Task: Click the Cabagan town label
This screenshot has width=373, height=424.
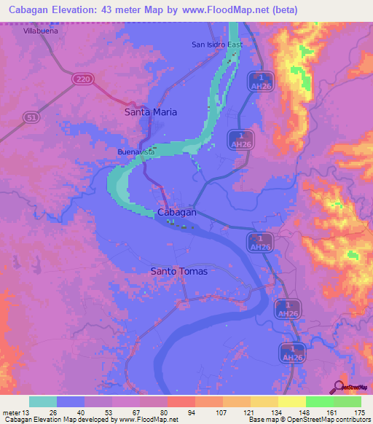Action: pyautogui.click(x=177, y=212)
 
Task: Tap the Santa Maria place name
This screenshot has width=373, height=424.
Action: pyautogui.click(x=151, y=112)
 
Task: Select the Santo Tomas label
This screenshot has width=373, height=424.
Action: pyautogui.click(x=178, y=271)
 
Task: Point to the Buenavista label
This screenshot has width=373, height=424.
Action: pyautogui.click(x=136, y=152)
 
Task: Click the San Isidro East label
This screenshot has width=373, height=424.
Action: pyautogui.click(x=216, y=44)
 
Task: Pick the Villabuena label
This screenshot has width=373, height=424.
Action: pyautogui.click(x=41, y=32)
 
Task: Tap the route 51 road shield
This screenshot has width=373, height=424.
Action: pyautogui.click(x=31, y=116)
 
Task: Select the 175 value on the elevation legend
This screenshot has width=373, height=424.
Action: pyautogui.click(x=358, y=412)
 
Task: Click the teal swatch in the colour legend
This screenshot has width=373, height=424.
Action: pyautogui.click(x=43, y=401)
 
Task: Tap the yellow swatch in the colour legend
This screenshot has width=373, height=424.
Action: pyautogui.click(x=292, y=401)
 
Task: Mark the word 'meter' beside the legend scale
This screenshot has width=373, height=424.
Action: pyautogui.click(x=12, y=412)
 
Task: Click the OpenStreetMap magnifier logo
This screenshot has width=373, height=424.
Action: pyautogui.click(x=339, y=386)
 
